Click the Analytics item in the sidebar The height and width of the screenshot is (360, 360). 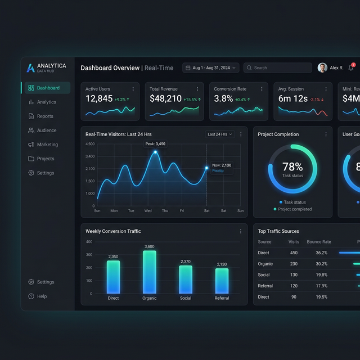point(46,102)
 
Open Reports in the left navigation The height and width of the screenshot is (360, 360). point(45,116)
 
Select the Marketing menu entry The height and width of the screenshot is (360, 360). point(47,145)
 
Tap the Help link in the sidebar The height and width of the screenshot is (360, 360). point(42,296)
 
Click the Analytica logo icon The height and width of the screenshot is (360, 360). point(30,68)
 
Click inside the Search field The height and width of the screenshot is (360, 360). point(278,68)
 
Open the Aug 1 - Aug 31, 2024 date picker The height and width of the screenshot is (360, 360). point(211,68)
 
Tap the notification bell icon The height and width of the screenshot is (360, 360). point(351,68)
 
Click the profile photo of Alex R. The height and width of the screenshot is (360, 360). point(322,68)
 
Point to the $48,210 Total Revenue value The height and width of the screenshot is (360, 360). point(165,99)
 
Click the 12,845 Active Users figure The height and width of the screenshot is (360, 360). point(99,99)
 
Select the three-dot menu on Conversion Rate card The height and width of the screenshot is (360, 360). point(262,89)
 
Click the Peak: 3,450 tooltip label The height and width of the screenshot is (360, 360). point(155,144)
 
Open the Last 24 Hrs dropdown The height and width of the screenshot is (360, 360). point(220,134)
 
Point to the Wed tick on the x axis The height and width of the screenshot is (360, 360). point(148,211)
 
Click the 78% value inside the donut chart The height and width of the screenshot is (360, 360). point(292,167)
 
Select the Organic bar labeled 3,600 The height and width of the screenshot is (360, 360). point(150,272)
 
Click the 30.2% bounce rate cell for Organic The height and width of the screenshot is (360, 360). point(321,264)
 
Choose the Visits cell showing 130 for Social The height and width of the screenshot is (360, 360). point(294,275)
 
